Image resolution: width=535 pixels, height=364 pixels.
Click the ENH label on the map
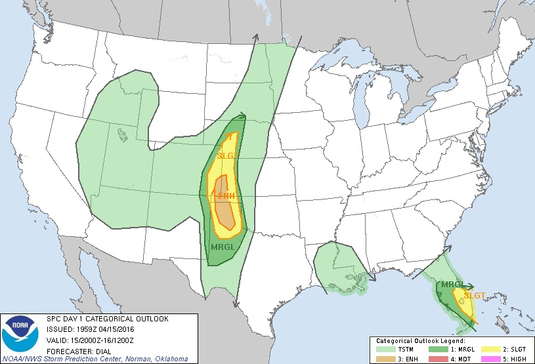click(x=226, y=195)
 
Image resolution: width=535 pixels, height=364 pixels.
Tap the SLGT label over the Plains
click(x=228, y=155)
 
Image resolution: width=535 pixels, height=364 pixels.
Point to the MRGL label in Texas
click(x=223, y=247)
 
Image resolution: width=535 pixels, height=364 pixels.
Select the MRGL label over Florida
click(x=452, y=285)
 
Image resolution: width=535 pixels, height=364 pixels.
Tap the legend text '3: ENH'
click(x=403, y=359)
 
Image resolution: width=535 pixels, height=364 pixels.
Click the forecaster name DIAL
click(x=104, y=350)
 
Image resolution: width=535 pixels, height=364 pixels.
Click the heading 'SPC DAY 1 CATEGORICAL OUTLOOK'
click(x=107, y=319)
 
